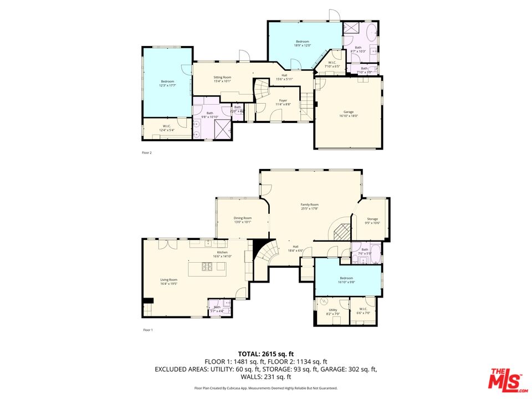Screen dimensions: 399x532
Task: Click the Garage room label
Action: coord(349,114)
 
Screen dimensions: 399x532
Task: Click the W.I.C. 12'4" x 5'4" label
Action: coord(166,128)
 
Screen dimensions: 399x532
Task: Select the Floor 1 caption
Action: coord(147,330)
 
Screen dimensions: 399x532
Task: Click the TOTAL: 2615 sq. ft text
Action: coord(265,354)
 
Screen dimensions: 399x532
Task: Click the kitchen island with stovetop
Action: coord(207,268)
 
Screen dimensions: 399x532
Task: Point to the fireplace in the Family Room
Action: coord(341,231)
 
